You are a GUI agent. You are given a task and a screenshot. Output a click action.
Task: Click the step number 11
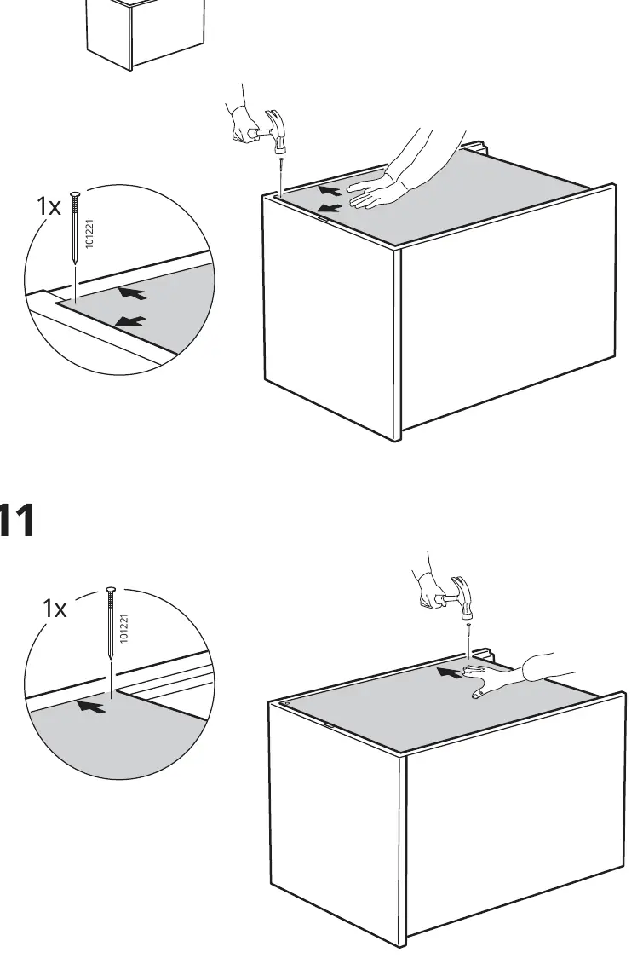(16, 520)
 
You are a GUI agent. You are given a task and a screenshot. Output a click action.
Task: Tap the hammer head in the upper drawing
(276, 130)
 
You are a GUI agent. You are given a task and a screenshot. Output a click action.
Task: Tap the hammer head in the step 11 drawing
(462, 597)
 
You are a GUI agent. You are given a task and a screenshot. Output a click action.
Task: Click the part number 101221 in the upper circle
(89, 234)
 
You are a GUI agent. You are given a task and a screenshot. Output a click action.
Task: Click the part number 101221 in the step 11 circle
(124, 628)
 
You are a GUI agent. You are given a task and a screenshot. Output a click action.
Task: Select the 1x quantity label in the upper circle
(49, 206)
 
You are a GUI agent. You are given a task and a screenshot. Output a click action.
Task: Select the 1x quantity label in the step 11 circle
(54, 609)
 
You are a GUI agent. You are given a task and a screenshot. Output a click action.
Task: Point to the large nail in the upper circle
(75, 228)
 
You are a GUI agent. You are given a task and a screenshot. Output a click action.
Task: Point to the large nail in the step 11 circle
(111, 623)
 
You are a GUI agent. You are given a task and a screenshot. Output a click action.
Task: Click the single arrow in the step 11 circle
(91, 707)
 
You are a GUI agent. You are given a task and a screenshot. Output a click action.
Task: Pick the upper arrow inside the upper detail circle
(133, 292)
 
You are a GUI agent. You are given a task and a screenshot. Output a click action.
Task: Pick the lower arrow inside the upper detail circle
(131, 321)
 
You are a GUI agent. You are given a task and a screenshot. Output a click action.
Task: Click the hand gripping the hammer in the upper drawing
(244, 124)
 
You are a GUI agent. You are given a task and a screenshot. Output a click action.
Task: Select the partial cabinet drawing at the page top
(145, 34)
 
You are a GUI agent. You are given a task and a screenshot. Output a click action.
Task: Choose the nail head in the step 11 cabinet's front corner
(286, 703)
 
